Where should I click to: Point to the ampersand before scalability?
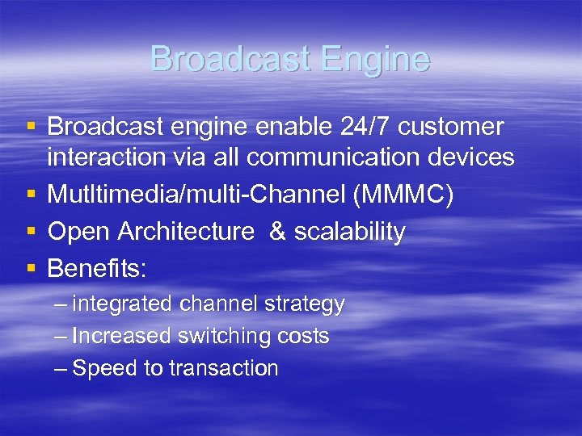[277, 232]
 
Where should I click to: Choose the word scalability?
[349, 232]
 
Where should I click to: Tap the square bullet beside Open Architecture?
[31, 232]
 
